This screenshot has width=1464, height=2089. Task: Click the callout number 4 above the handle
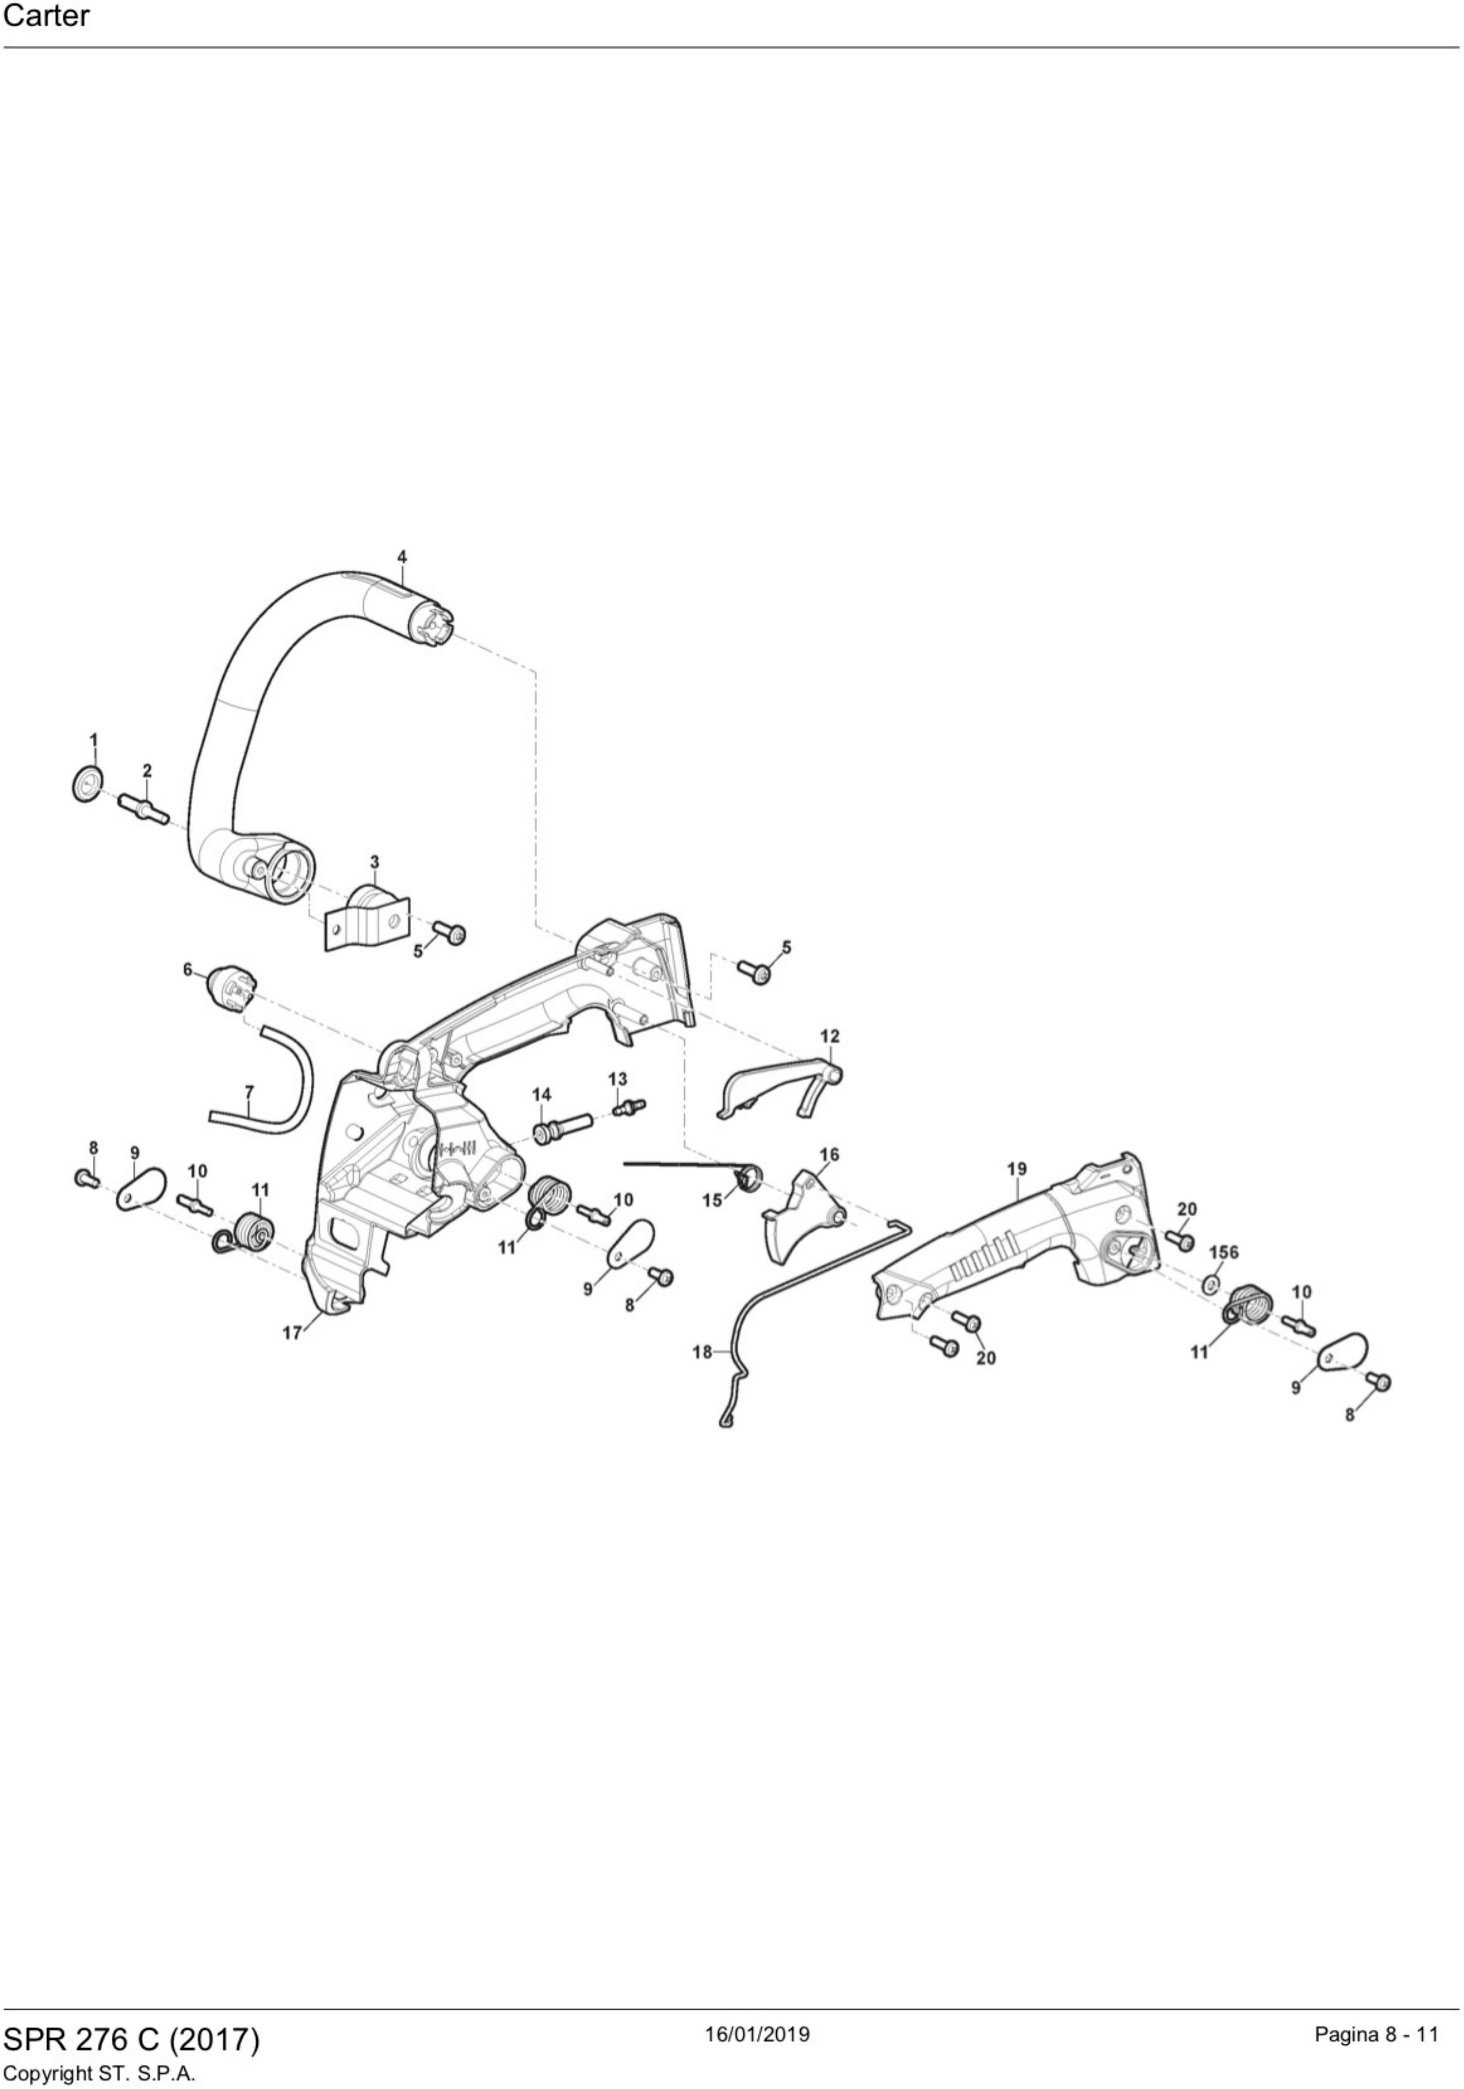tap(402, 557)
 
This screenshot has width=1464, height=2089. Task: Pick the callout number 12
tap(830, 1036)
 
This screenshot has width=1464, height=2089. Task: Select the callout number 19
tap(1017, 1168)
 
